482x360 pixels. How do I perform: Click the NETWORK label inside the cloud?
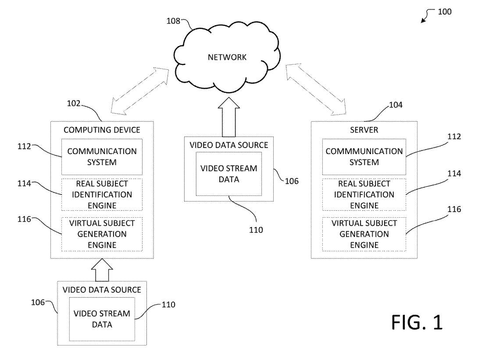(x=227, y=57)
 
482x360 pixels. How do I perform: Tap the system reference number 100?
(x=444, y=12)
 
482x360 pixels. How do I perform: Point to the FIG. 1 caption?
(x=417, y=322)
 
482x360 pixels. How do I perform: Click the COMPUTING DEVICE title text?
(x=102, y=130)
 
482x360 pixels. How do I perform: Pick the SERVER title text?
(x=364, y=130)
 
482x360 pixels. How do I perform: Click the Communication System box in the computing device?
(x=102, y=157)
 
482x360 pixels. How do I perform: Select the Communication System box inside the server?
(x=364, y=157)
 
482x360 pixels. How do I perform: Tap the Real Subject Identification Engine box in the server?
(x=364, y=194)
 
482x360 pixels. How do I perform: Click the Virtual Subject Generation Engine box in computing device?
(x=102, y=234)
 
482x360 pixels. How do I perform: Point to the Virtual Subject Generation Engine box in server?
(x=364, y=234)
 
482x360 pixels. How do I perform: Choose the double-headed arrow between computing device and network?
(x=140, y=90)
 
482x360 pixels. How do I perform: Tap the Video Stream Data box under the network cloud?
(x=229, y=174)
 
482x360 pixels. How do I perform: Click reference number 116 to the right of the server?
(x=453, y=210)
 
